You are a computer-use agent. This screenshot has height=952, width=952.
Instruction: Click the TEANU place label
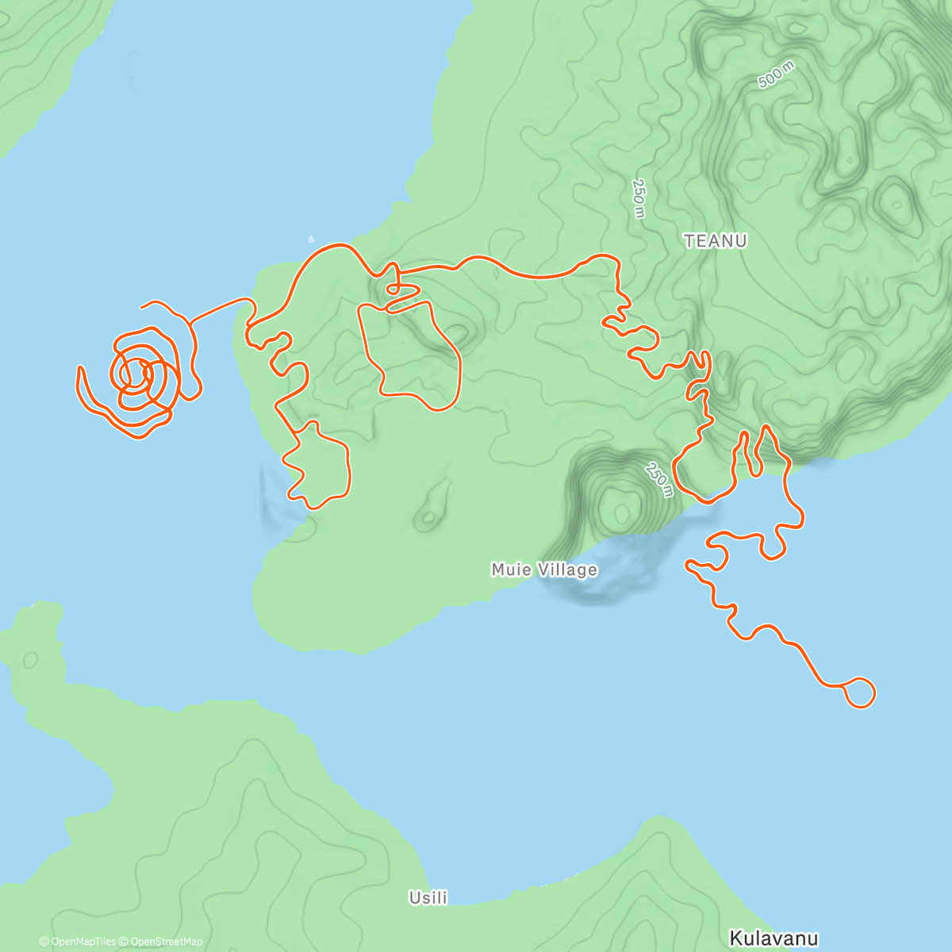click(716, 241)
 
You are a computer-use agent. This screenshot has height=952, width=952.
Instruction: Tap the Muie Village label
click(544, 570)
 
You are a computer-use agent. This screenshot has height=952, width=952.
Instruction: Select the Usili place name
click(428, 898)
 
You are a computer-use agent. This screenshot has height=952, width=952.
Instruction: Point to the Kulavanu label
click(773, 939)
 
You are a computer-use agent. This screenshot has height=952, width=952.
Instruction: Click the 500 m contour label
click(775, 75)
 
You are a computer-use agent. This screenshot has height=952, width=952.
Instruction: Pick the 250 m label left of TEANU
click(639, 198)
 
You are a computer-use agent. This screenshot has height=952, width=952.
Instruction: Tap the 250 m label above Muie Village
click(659, 479)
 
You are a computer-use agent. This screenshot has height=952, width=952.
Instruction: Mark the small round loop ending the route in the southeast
click(860, 693)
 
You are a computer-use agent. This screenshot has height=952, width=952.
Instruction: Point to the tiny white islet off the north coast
click(310, 238)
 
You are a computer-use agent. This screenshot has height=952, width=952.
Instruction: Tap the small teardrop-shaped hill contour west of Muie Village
click(432, 508)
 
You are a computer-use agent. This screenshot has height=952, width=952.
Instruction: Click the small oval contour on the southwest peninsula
click(31, 659)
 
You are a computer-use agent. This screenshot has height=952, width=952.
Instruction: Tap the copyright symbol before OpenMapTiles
click(44, 942)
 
